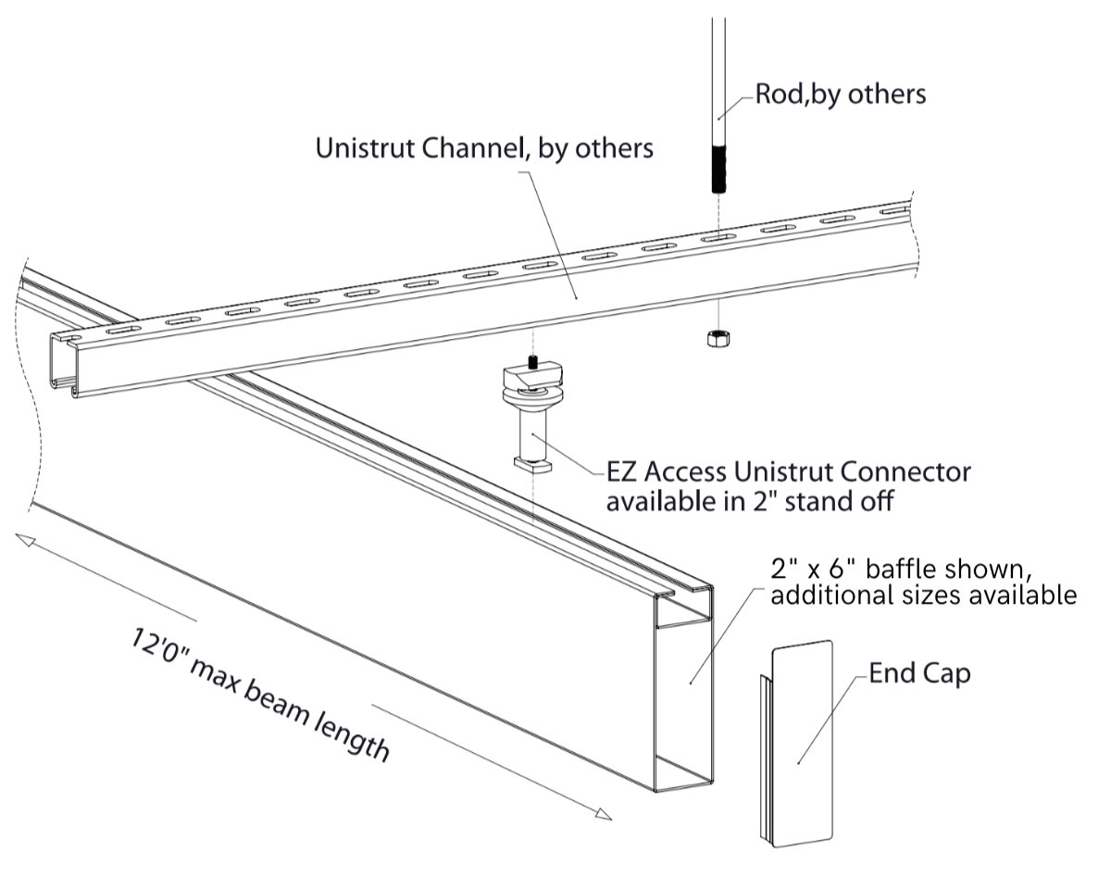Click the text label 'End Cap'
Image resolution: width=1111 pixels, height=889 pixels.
pyautogui.click(x=919, y=673)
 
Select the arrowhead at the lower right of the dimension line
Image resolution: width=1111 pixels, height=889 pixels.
pyautogui.click(x=603, y=815)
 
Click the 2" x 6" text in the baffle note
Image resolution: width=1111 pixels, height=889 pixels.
pyautogui.click(x=824, y=568)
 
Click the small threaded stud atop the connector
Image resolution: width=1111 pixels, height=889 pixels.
pyautogui.click(x=532, y=361)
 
